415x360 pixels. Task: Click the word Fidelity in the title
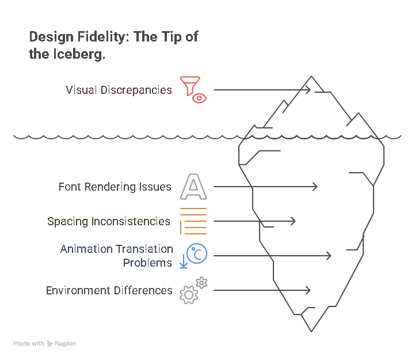pos(101,37)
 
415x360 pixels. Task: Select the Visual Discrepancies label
pos(119,90)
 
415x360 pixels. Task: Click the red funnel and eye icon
pos(193,89)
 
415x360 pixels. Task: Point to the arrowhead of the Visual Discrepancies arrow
pos(309,90)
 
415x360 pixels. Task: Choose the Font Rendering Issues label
pos(115,187)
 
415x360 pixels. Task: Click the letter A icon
pos(193,187)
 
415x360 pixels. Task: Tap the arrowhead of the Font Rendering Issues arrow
pos(316,187)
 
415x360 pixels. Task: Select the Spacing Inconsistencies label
pos(109,221)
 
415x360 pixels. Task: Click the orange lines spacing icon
pos(193,221)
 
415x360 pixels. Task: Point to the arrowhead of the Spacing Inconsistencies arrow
pos(294,221)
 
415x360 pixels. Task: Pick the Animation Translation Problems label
pos(116,256)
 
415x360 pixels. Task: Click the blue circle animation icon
pos(196,255)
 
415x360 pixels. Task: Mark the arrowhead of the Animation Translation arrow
pos(330,256)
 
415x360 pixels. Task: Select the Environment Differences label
pos(109,290)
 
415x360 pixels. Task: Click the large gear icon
pos(188,294)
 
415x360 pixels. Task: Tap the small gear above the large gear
pos(201,282)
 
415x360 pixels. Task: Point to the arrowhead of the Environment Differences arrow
pos(309,290)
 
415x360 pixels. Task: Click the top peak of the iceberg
pos(312,77)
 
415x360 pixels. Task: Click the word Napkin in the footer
pos(65,343)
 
